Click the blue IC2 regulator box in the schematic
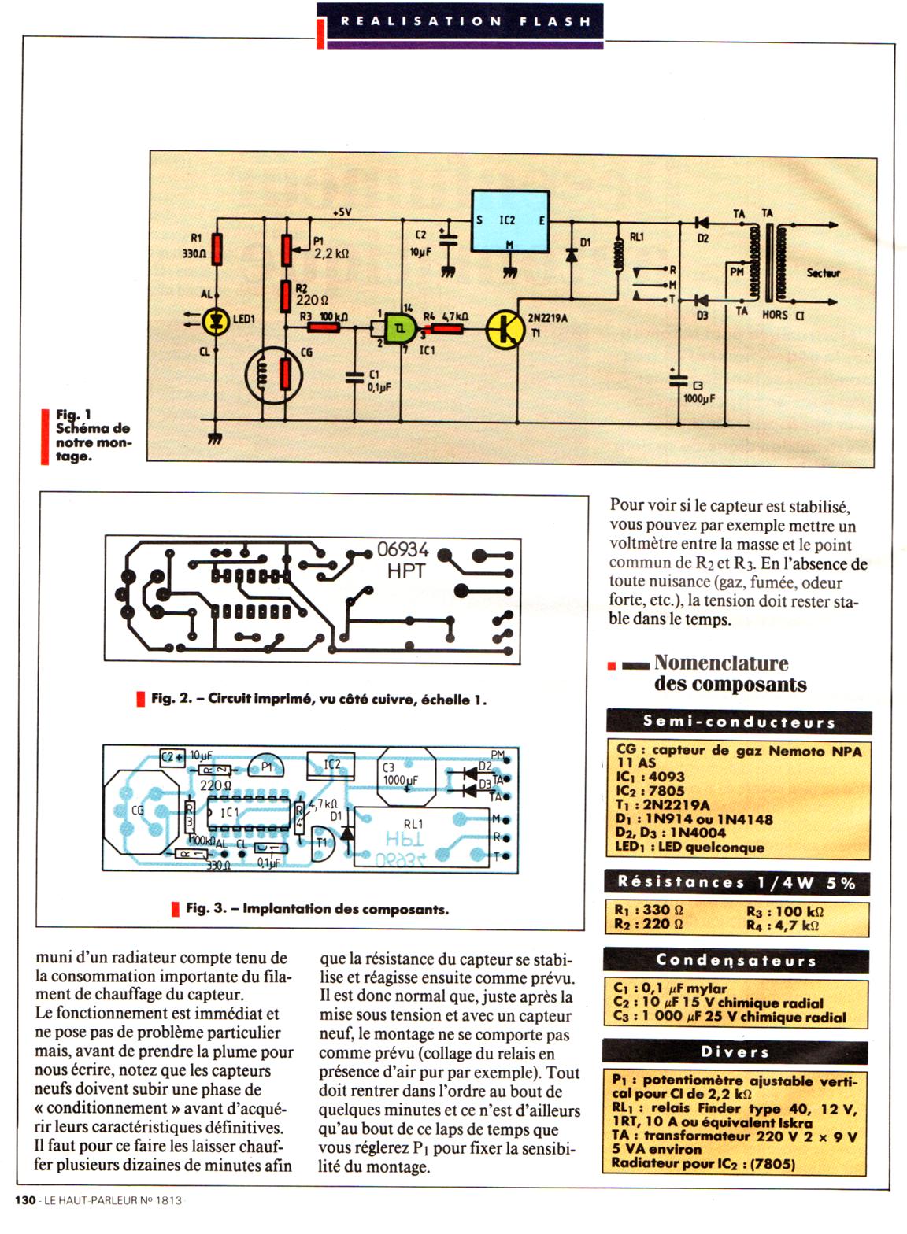[509, 221]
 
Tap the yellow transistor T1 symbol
[505, 329]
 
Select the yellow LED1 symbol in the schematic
[216, 320]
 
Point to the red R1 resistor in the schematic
[218, 249]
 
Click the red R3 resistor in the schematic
[322, 327]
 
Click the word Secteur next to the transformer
[823, 273]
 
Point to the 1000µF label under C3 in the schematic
[698, 398]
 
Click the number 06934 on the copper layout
[403, 549]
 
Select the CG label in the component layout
[137, 810]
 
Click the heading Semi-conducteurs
[739, 721]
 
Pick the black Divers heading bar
[735, 1051]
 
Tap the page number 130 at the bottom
[25, 1200]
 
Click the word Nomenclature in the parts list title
[720, 663]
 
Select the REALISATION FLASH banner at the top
[465, 21]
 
